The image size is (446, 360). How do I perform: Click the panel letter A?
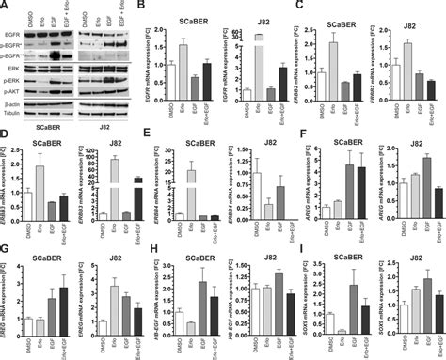tap(5, 6)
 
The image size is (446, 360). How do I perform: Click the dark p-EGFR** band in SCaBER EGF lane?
tap(63, 55)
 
